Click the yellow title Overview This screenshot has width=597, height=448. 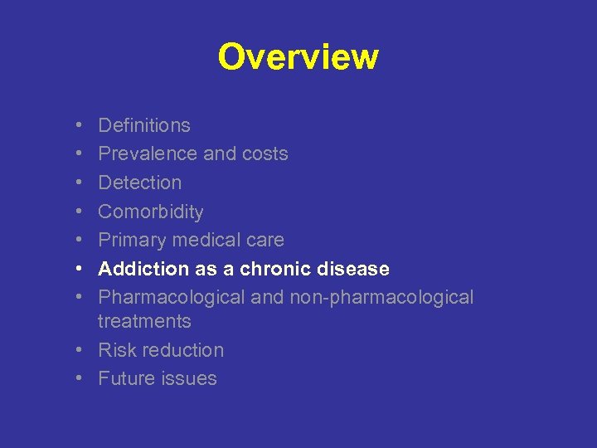coord(298,57)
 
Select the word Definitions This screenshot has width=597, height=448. coord(144,125)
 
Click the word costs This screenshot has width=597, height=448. coord(265,153)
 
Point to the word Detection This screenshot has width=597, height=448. coord(139,183)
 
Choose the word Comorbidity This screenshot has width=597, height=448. coord(150,212)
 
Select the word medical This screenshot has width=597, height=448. coord(201,240)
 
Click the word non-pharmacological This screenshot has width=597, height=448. coord(381,297)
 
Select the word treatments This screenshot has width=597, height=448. coord(144,321)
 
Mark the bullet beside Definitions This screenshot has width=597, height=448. coord(77,126)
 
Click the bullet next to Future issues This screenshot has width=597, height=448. coord(77,379)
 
